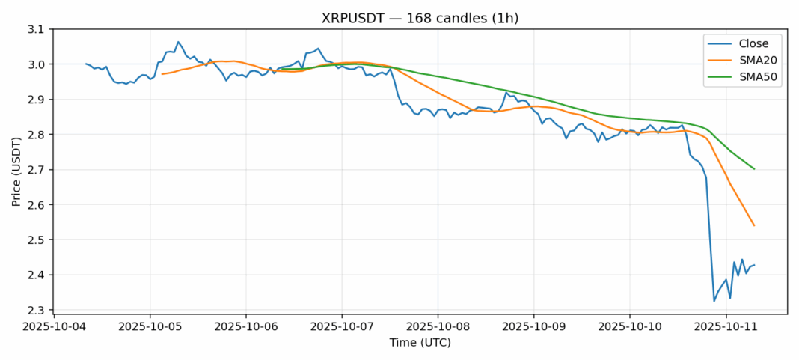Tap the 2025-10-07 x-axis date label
click(x=342, y=326)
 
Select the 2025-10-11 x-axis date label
click(x=726, y=326)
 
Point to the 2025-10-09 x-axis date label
click(x=533, y=326)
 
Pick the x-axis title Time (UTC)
click(x=420, y=343)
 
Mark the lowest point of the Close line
click(x=714, y=302)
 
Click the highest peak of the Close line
click(x=178, y=42)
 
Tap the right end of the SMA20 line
click(x=754, y=225)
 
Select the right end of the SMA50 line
click(x=754, y=169)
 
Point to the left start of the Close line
click(x=86, y=64)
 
